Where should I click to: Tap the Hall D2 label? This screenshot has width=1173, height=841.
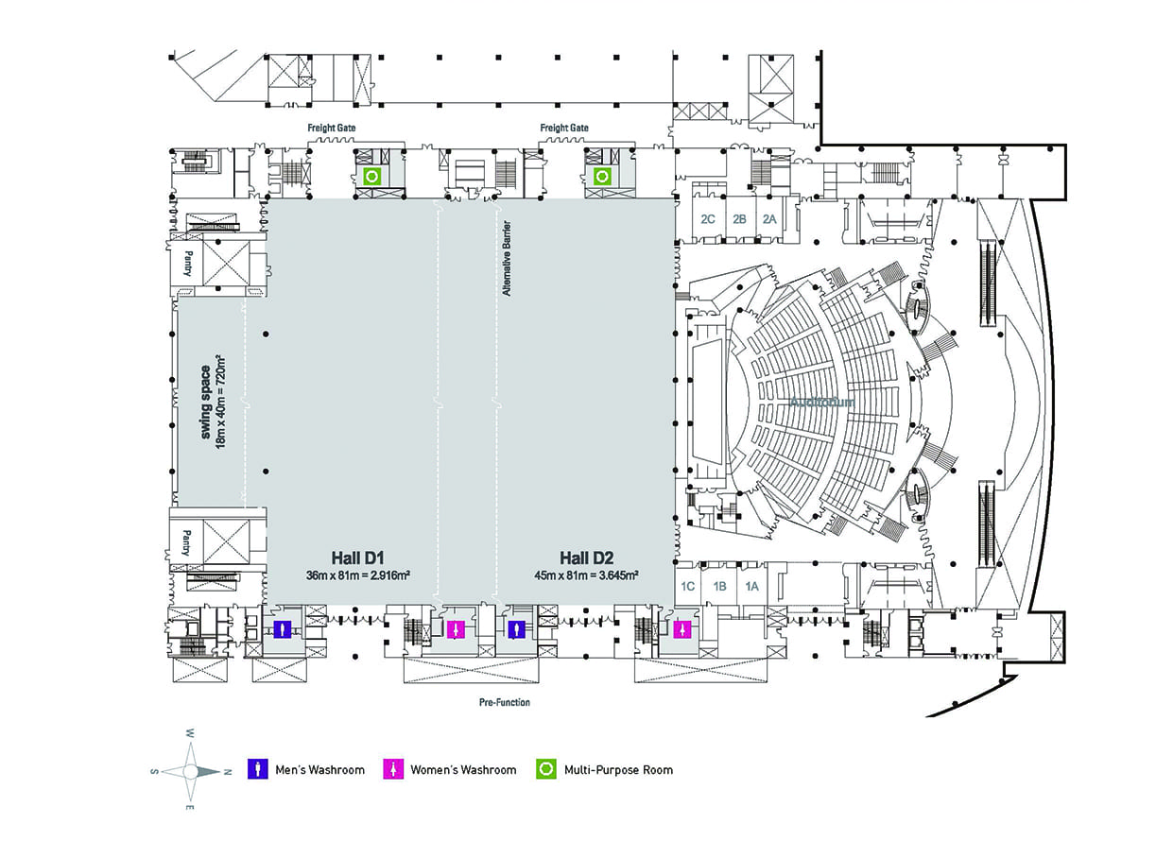[x=586, y=558]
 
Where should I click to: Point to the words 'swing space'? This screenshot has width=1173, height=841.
[x=205, y=402]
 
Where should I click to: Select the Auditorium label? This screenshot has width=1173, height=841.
[x=821, y=402]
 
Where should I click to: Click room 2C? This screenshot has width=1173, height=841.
[x=707, y=218]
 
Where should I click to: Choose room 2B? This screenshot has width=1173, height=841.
[x=739, y=218]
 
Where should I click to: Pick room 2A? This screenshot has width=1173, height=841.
[x=770, y=218]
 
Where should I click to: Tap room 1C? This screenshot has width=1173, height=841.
[x=688, y=586]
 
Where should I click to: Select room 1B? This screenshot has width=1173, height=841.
[x=719, y=586]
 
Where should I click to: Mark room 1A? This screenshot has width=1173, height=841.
[x=751, y=586]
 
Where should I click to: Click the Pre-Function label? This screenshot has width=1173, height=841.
[x=505, y=702]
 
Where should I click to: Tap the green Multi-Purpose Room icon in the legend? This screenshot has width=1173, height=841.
[x=545, y=769]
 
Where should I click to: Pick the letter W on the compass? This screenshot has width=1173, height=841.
[x=190, y=733]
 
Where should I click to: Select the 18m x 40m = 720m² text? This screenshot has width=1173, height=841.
[x=222, y=402]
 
